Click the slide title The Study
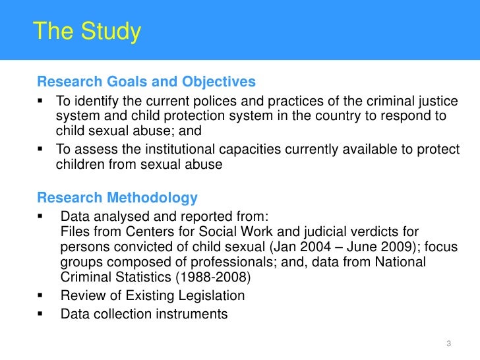click(x=87, y=31)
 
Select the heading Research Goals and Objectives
click(x=146, y=82)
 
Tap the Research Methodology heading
click(x=117, y=198)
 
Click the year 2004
click(x=307, y=247)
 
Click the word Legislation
click(x=208, y=295)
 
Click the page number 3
click(x=448, y=343)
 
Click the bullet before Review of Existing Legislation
click(x=41, y=295)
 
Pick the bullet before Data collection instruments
click(x=41, y=314)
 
